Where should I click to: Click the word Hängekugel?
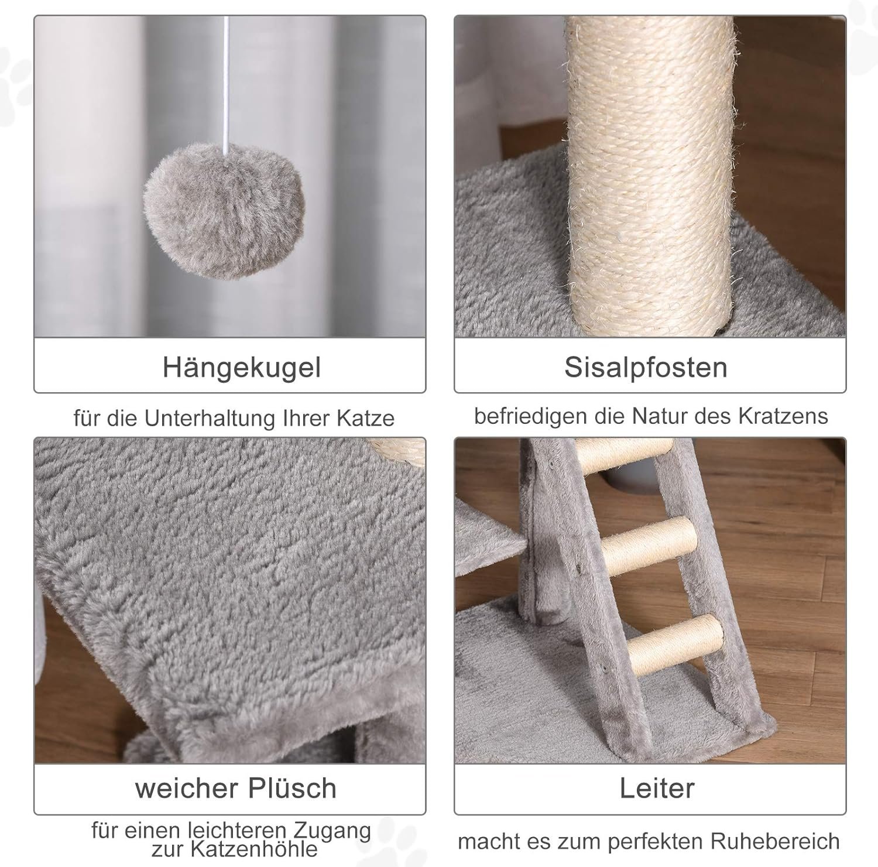click(242, 368)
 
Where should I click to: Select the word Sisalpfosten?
click(646, 368)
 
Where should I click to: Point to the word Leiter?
click(657, 788)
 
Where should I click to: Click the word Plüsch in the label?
click(292, 788)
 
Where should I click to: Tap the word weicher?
click(187, 788)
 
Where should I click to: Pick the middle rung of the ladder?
click(649, 546)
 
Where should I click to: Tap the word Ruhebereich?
click(775, 841)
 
